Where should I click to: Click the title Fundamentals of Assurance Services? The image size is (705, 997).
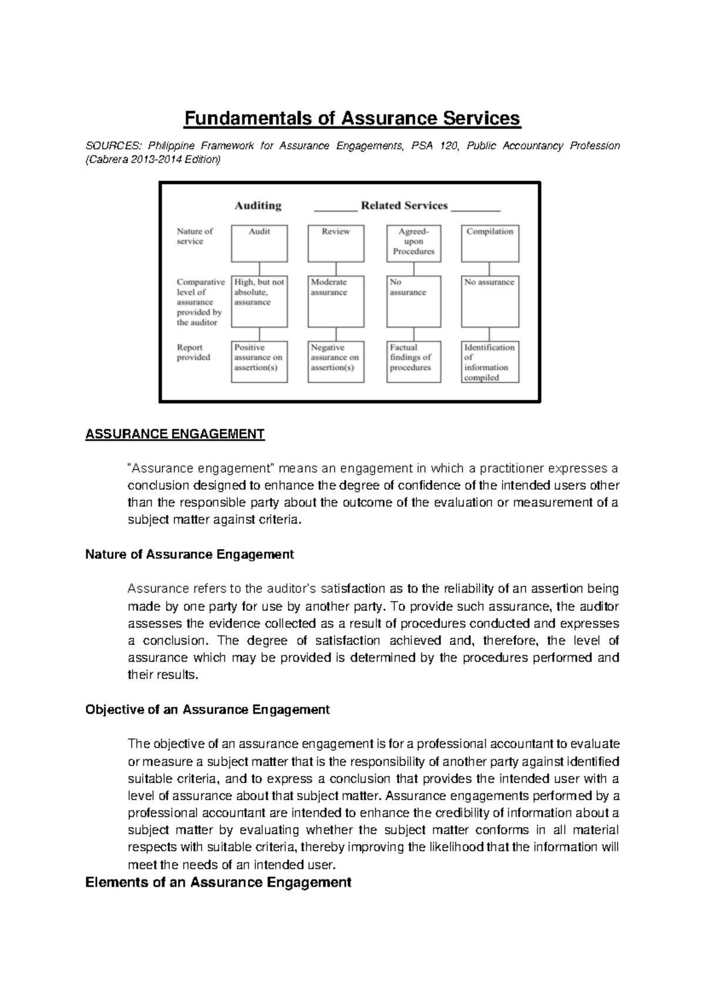352,119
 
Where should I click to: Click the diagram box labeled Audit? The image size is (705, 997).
259,243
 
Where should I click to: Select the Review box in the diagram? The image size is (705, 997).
335,243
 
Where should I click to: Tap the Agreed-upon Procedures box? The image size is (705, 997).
414,243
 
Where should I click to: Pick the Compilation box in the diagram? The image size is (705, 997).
489,243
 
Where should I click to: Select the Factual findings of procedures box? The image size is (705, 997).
414,361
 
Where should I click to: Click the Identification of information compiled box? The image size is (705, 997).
489,362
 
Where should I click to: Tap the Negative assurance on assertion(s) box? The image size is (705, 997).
335,361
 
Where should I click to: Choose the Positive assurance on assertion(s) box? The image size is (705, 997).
259,361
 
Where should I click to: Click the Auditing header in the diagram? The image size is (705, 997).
258,206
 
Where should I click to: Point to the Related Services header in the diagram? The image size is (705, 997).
404,206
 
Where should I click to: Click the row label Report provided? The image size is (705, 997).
193,352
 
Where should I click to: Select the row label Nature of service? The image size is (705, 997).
194,236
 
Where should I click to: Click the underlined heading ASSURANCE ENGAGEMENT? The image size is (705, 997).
175,434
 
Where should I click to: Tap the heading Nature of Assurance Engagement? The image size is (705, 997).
189,554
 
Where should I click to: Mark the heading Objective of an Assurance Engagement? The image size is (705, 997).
207,710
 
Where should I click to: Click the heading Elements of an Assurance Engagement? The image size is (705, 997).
218,882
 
